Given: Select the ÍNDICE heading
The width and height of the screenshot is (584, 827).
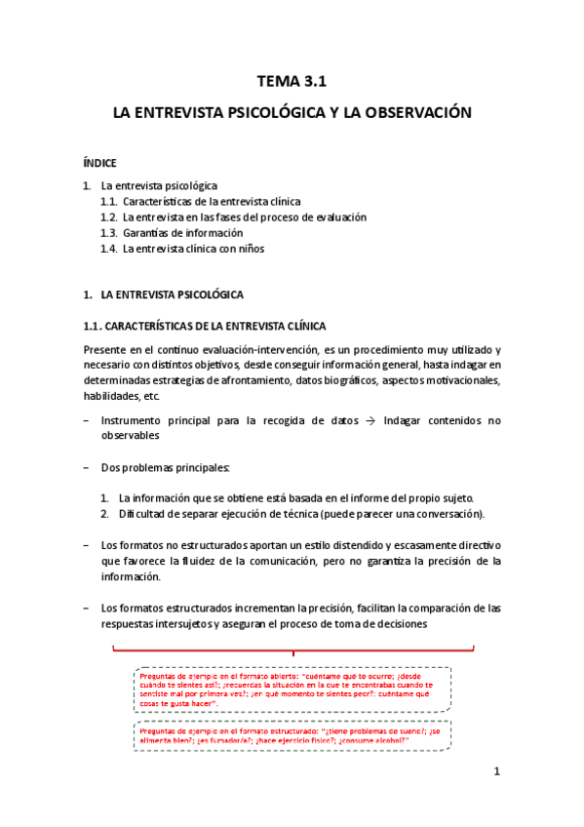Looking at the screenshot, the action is (99, 163).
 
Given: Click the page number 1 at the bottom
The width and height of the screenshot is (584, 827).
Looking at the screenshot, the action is (496, 772).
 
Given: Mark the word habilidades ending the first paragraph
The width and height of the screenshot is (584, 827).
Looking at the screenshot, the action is (110, 396).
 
